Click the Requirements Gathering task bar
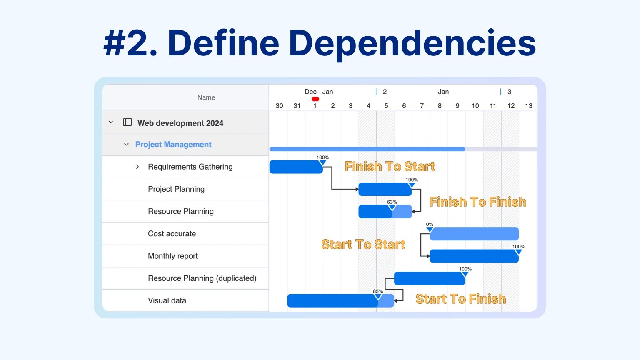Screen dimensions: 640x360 (x=296, y=167)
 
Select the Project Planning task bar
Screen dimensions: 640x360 (x=385, y=189)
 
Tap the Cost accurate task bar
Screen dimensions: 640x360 (x=474, y=234)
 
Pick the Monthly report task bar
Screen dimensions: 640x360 (x=474, y=256)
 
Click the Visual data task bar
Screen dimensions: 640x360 (x=340, y=300)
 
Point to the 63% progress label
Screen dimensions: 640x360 (x=392, y=202)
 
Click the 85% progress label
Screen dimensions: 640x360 (x=378, y=291)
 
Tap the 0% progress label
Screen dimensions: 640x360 (x=430, y=224)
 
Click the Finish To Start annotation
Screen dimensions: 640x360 (x=390, y=166)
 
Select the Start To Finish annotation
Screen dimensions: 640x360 (x=461, y=299)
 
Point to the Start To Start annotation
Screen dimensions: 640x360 (x=363, y=244)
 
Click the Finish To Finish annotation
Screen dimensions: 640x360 (x=478, y=202)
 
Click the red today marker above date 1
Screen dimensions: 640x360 (x=315, y=99)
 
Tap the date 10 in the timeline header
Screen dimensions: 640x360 (x=475, y=106)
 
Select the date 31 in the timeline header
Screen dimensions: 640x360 (x=297, y=106)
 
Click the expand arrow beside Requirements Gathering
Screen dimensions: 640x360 (x=137, y=167)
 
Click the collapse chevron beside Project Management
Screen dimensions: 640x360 (x=126, y=145)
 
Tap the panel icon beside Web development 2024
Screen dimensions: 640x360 (x=127, y=122)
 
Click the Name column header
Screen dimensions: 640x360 (x=206, y=97)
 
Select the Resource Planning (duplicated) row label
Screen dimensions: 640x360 (x=202, y=278)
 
